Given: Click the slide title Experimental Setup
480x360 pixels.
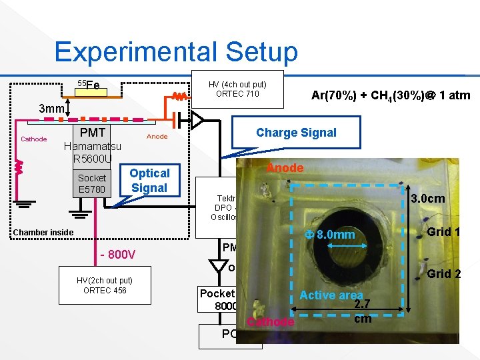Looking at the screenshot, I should (176, 51).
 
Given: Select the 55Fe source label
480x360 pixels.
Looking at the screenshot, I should (88, 85).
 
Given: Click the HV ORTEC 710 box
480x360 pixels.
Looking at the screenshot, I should (237, 89).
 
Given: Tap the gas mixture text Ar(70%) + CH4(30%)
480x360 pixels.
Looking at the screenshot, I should (391, 95).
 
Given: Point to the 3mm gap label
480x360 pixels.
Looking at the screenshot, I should (51, 109).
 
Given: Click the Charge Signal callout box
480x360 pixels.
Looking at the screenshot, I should (296, 132).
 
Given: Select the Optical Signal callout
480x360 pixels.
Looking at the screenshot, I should (149, 180).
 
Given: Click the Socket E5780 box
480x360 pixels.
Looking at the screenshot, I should (92, 183).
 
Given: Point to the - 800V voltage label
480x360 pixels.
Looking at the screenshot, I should (117, 255).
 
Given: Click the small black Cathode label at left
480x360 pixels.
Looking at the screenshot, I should (34, 139).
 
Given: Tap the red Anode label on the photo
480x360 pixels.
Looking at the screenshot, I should (285, 168).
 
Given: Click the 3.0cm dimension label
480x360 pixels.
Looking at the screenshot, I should (428, 199).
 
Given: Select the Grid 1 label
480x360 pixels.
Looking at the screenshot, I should (443, 233).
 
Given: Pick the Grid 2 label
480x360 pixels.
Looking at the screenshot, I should (443, 273).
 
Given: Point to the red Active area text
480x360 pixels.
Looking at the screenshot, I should (331, 295).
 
